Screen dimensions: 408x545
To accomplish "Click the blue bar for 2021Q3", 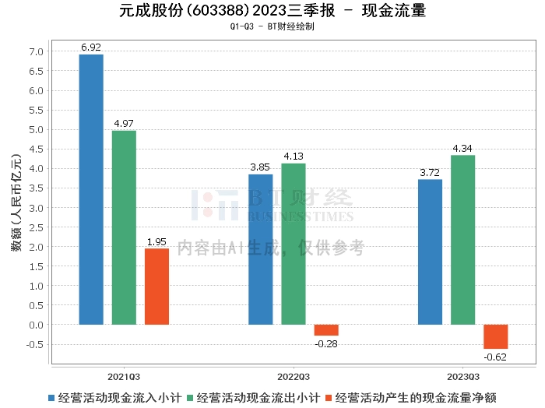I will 91,189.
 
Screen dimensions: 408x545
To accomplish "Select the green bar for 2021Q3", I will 124,227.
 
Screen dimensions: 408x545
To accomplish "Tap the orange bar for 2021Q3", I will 156,286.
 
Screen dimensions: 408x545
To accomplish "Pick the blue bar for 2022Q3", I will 261,249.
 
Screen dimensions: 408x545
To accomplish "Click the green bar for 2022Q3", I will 294,244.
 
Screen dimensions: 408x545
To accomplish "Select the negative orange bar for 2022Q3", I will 326,329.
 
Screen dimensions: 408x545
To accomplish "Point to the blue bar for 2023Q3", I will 430,251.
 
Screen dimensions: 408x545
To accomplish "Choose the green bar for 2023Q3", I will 462,240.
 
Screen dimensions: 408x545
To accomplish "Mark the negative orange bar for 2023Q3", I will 495,336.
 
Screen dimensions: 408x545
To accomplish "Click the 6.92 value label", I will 91,48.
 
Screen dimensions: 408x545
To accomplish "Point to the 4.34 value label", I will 462,149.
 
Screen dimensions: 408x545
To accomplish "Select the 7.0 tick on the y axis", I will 37,52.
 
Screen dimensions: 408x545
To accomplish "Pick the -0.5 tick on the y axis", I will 36,344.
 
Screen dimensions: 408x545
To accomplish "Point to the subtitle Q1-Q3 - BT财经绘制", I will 272,26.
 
